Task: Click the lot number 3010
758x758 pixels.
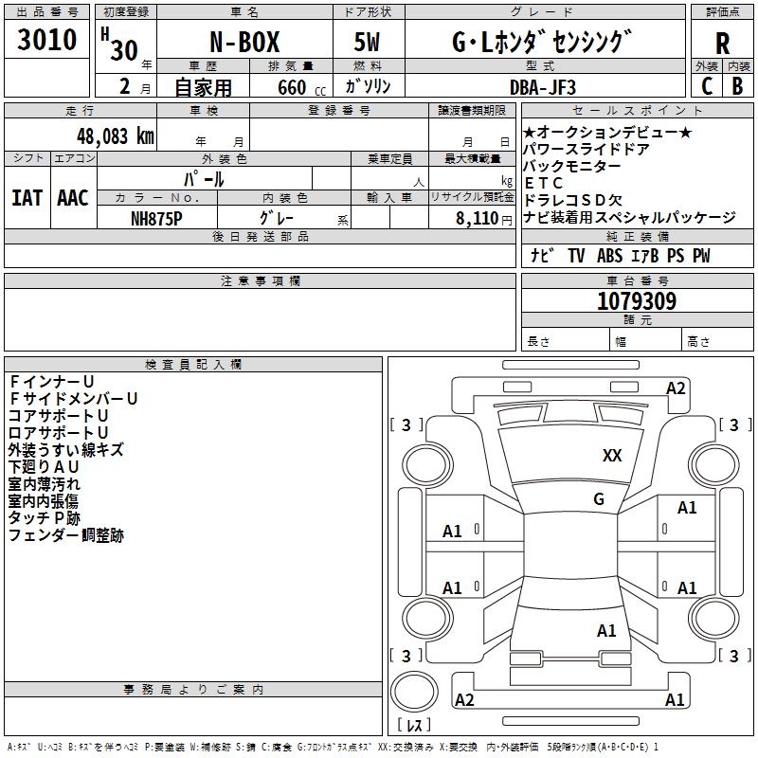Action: click(x=46, y=41)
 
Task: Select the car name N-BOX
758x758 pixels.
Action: click(x=243, y=45)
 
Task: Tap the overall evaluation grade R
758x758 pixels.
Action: click(x=722, y=44)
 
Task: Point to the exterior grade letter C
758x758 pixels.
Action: click(x=706, y=84)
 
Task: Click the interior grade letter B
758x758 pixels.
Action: click(x=737, y=84)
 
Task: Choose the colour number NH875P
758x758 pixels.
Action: click(x=156, y=217)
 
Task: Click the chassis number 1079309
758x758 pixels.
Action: click(x=637, y=301)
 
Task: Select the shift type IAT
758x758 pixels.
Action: click(x=27, y=197)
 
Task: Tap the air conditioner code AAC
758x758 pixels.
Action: click(x=73, y=197)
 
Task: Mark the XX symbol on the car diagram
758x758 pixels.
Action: click(x=612, y=456)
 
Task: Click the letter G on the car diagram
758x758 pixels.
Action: click(x=599, y=499)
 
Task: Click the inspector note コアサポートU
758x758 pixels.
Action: click(x=58, y=416)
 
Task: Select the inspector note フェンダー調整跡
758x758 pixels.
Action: click(x=65, y=535)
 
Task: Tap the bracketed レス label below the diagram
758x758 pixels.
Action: click(x=414, y=726)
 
